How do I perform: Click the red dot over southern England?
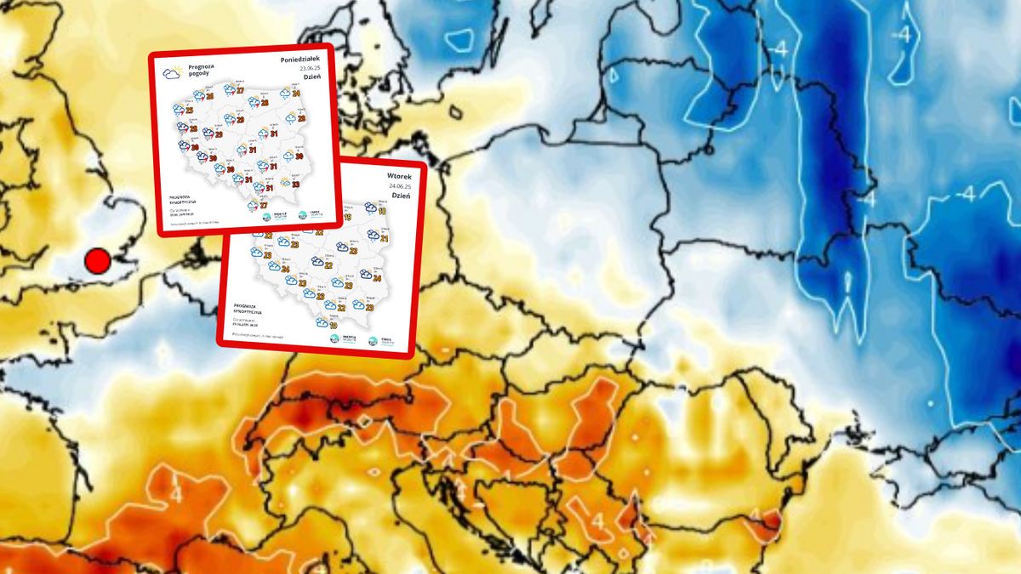click(98, 261)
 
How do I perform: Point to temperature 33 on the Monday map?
click(295, 183)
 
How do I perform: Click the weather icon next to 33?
click(285, 181)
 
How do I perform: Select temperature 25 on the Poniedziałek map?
click(189, 111)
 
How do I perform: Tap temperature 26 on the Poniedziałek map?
click(209, 96)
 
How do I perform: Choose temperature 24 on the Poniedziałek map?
click(295, 94)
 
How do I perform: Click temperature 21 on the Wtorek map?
click(383, 237)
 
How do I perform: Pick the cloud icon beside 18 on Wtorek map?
click(371, 207)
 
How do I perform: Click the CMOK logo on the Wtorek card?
click(374, 340)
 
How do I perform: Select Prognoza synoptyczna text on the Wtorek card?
click(249, 310)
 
